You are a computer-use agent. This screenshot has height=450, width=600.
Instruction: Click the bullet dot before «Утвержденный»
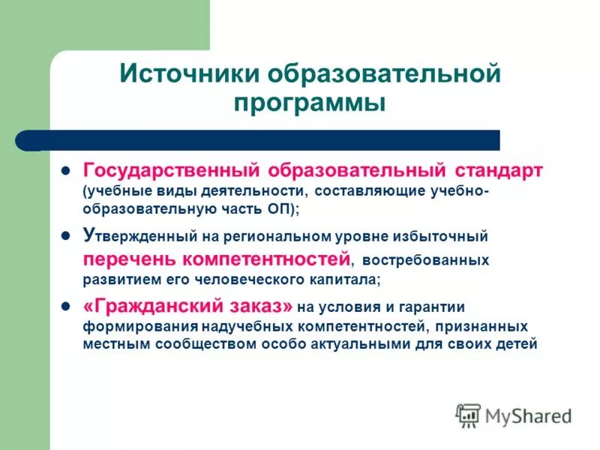pos(65,235)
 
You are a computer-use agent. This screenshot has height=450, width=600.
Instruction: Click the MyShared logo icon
pos(468,415)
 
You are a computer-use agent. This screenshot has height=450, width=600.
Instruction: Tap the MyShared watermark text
pos(528,415)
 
